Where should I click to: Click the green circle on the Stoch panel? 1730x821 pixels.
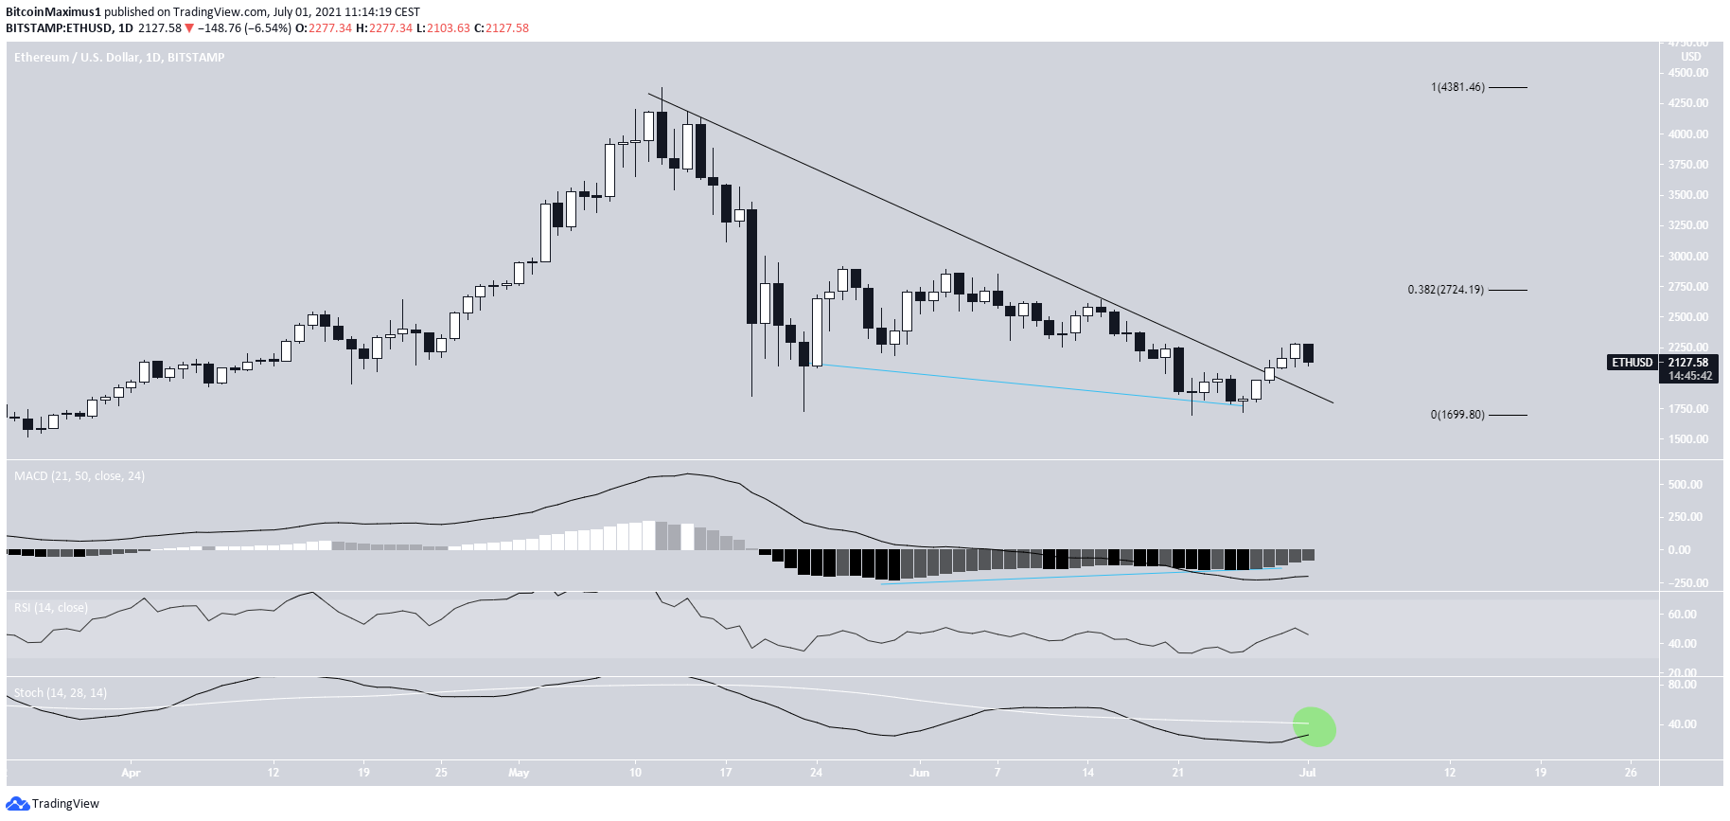(1315, 726)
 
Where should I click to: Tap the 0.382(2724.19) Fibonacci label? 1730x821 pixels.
(1445, 290)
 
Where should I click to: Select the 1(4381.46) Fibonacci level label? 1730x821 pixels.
(1457, 87)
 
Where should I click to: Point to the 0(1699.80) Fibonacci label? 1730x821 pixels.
(1456, 415)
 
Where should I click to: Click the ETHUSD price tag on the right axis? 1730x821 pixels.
(1632, 363)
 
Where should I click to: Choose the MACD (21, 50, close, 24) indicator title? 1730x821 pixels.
(79, 475)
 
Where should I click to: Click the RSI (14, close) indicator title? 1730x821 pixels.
(51, 607)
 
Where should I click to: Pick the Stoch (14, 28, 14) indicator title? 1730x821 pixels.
(61, 692)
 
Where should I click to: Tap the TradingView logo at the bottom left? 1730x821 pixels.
(53, 803)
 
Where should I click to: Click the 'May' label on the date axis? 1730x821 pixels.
(518, 773)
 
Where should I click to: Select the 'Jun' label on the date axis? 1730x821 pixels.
(919, 773)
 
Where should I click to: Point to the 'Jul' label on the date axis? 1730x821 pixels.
(1307, 773)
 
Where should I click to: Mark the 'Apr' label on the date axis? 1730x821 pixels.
(131, 773)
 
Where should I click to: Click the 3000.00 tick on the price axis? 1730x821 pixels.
(1688, 257)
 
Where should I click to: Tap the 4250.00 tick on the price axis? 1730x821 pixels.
(1688, 103)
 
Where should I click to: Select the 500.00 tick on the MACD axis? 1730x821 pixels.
(1686, 485)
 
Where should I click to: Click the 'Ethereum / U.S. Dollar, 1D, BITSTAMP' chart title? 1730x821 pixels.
(119, 57)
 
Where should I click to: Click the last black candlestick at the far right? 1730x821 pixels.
(1308, 353)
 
